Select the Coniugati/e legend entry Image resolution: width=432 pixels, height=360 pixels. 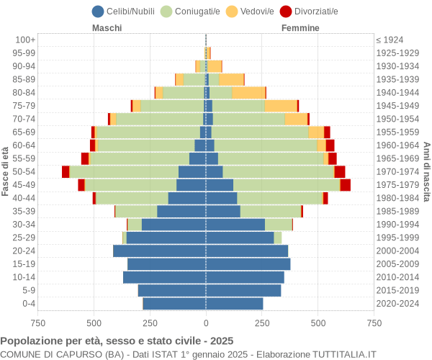(x=191, y=11)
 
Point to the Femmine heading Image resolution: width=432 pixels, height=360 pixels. (x=300, y=28)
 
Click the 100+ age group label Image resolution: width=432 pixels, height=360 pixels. (x=25, y=40)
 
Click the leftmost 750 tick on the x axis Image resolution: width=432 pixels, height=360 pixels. (x=37, y=323)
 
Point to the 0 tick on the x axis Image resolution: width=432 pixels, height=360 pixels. (x=206, y=323)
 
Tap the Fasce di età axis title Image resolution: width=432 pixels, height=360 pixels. (x=6, y=171)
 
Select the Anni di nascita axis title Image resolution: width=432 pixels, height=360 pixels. (x=426, y=171)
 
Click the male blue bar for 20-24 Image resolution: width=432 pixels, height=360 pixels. (x=159, y=251)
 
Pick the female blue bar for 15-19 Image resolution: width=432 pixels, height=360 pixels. (x=248, y=264)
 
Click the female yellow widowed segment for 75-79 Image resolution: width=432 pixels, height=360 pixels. (x=280, y=106)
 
